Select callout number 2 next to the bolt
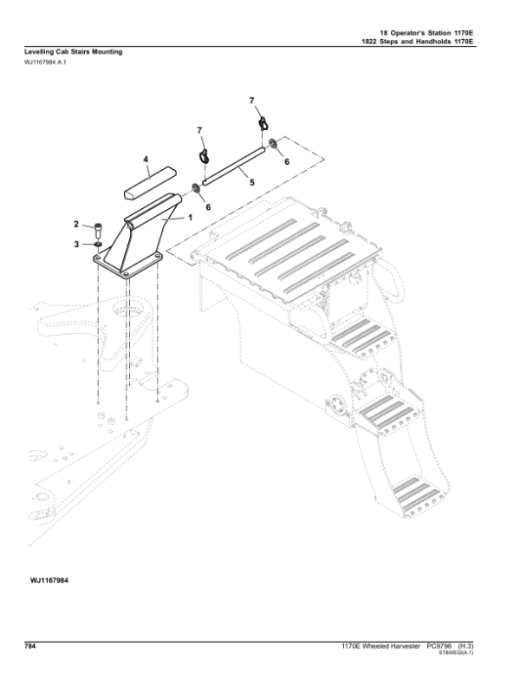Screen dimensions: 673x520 tap(76, 225)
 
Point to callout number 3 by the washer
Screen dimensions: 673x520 tap(76, 245)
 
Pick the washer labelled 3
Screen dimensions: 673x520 tap(97, 245)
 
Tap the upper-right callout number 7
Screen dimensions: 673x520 tap(254, 101)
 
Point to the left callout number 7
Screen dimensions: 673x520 tap(199, 131)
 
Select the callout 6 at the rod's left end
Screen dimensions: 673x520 tap(207, 206)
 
